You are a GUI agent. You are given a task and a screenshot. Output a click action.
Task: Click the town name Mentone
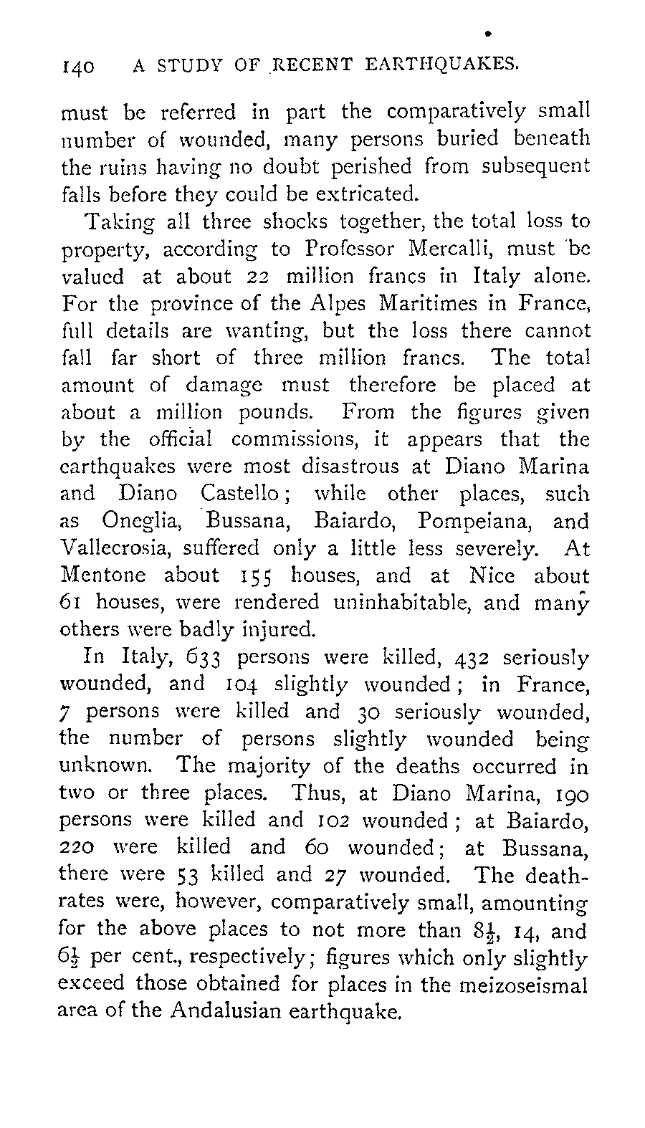click(x=104, y=575)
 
